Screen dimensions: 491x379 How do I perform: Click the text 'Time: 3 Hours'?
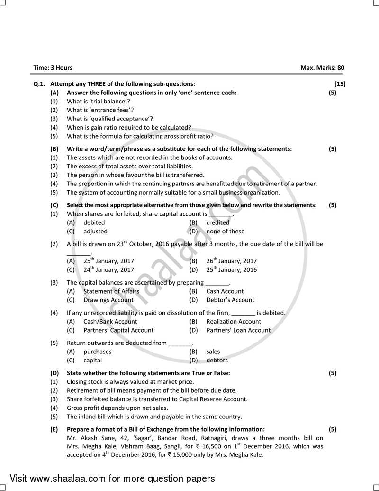click(53, 68)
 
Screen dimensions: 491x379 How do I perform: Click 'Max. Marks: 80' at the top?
click(322, 68)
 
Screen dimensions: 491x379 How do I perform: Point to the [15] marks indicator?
click(340, 84)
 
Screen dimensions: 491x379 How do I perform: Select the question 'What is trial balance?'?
click(99, 102)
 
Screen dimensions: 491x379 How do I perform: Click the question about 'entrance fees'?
click(97, 110)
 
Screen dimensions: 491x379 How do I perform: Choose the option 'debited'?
click(94, 222)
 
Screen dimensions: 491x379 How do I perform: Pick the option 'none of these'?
click(225, 231)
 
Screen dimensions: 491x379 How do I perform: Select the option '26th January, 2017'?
click(231, 261)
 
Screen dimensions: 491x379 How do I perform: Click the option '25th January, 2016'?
click(231, 270)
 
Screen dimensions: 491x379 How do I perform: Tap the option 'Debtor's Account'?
click(230, 300)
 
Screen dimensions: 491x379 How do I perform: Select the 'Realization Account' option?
click(233, 321)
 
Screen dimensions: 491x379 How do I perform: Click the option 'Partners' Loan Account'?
click(238, 330)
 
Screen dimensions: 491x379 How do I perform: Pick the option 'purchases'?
click(98, 352)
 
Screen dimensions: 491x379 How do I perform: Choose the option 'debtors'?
click(217, 360)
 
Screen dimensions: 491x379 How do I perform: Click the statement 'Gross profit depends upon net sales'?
click(117, 408)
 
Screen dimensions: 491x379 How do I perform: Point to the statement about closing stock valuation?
click(130, 381)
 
